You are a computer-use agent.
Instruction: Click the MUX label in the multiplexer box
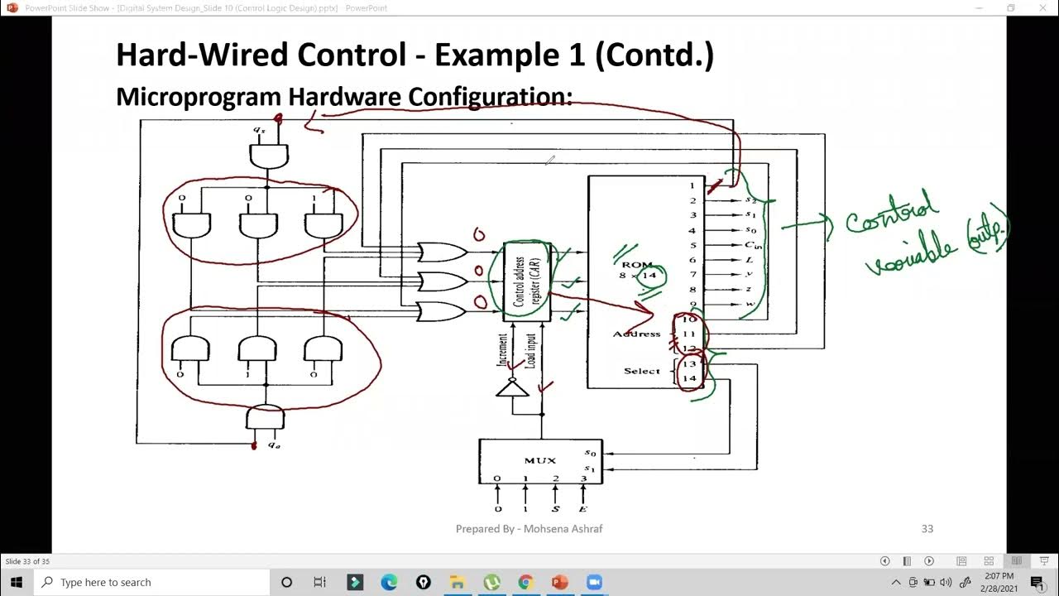[539, 460]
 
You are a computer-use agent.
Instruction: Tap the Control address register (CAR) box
[527, 281]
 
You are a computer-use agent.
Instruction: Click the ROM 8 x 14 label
[638, 270]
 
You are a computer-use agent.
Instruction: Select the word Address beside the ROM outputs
[636, 334]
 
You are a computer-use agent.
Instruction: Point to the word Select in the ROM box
[642, 371]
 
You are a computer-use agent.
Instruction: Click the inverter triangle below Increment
[512, 387]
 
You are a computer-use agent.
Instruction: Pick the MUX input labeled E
[583, 508]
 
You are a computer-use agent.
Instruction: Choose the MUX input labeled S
[555, 508]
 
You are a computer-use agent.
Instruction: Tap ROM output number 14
[689, 378]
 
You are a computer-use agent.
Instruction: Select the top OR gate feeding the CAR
[442, 252]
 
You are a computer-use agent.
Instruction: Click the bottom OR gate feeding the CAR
[442, 311]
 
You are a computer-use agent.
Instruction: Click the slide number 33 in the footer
[927, 528]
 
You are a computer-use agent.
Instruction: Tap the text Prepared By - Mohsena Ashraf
[529, 528]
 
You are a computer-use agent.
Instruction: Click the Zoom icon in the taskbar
[593, 582]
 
